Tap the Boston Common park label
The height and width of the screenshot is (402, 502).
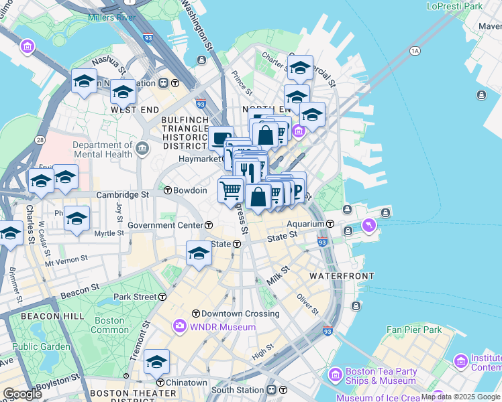click(109, 325)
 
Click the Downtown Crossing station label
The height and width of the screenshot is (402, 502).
click(231, 314)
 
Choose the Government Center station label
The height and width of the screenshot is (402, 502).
click(165, 225)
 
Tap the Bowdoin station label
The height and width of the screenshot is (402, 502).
click(190, 190)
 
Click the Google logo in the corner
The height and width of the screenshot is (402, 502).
click(22, 394)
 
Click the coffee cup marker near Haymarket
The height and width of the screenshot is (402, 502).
click(221, 139)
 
